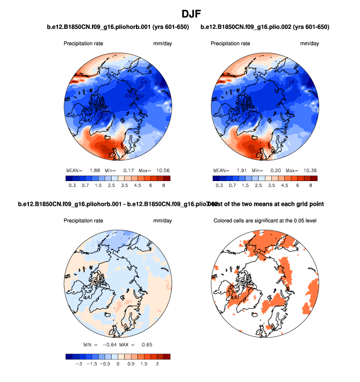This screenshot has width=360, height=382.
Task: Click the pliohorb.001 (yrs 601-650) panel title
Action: click(x=118, y=26)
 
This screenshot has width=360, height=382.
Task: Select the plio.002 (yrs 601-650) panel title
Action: click(x=265, y=26)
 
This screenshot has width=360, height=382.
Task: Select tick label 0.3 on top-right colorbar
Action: click(x=220, y=185)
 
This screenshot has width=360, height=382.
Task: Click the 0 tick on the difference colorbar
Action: click(x=118, y=364)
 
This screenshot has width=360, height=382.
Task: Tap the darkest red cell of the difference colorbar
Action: click(x=166, y=356)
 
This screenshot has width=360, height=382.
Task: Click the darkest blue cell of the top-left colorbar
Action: click(x=69, y=178)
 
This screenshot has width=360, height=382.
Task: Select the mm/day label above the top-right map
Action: click(x=309, y=44)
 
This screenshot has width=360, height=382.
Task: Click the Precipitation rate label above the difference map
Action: click(x=83, y=220)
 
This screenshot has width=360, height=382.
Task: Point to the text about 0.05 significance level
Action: click(x=265, y=220)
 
